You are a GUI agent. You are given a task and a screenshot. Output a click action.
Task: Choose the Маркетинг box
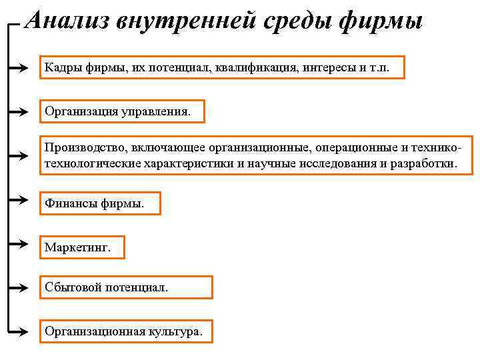tap(82, 248)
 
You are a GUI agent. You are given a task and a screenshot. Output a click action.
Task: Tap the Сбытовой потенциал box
tap(125, 287)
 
